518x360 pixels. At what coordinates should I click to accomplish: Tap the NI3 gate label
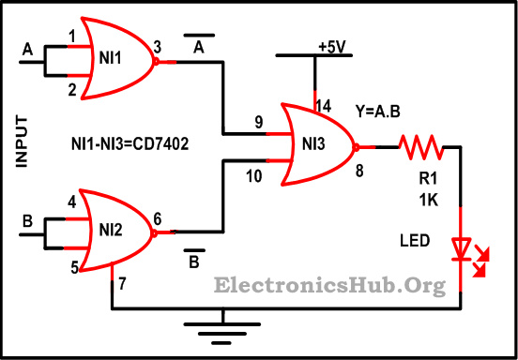point(313,145)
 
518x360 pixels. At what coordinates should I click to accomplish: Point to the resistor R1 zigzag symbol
point(420,146)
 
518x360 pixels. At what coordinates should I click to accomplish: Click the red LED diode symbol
point(462,248)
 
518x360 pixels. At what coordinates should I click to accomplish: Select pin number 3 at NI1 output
point(158,46)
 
